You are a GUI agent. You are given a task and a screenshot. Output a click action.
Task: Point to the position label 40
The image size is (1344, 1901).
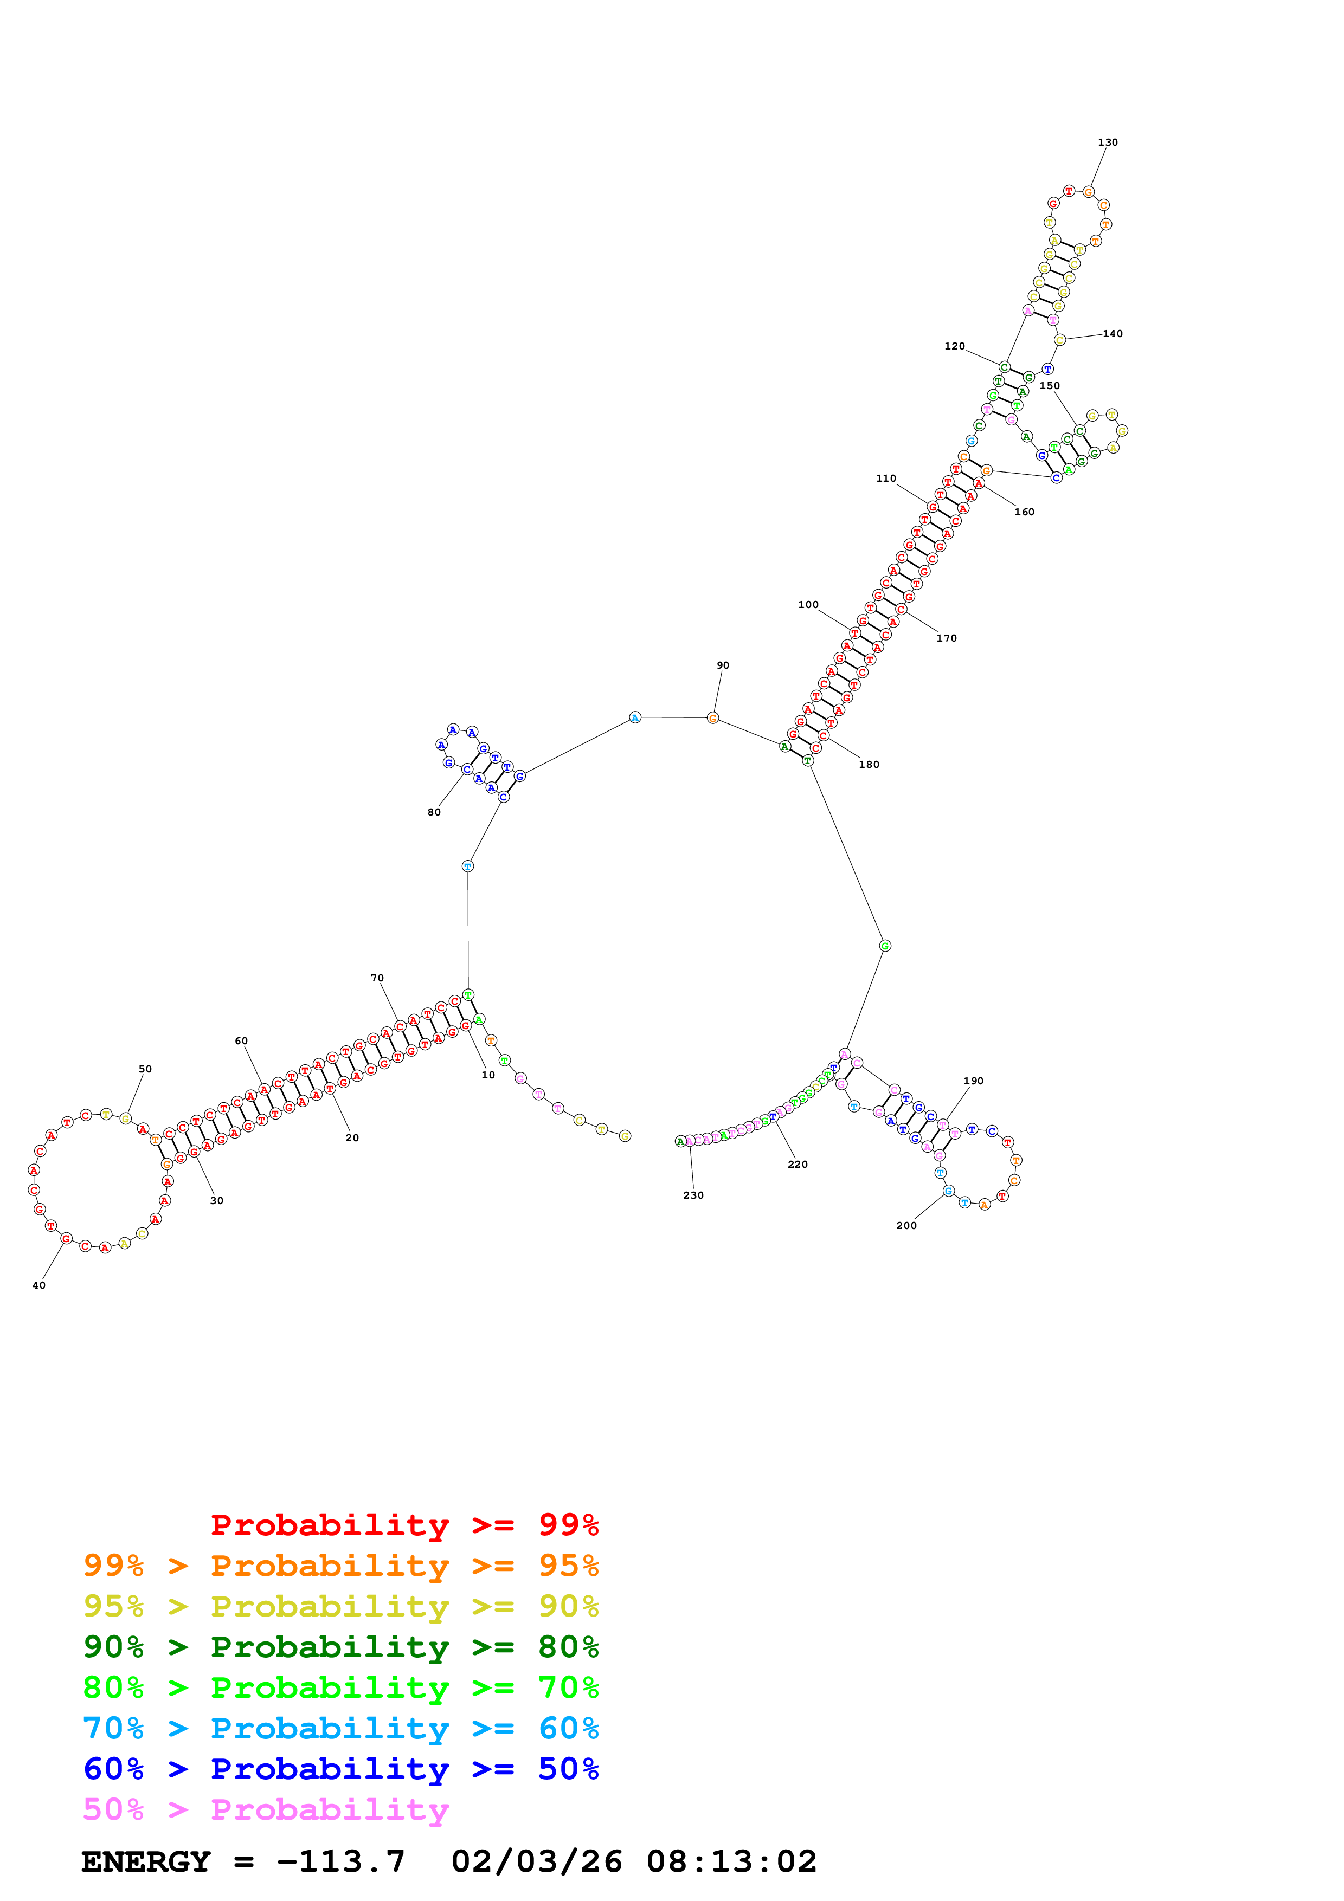[x=39, y=1285]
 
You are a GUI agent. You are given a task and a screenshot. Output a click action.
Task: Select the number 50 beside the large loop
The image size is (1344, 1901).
[x=145, y=1069]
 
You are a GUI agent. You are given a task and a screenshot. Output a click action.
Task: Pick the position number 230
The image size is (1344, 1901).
[x=693, y=1195]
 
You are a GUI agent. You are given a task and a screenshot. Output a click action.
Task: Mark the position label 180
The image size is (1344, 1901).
[x=869, y=764]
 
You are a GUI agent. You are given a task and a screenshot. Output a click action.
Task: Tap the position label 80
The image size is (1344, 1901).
[x=434, y=812]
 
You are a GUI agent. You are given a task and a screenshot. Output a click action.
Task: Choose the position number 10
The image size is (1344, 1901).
[x=488, y=1075]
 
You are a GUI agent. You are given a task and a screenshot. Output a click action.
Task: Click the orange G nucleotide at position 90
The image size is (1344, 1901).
[x=712, y=718]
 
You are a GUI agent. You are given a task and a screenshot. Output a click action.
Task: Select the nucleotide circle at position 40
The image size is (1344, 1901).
[x=66, y=1239]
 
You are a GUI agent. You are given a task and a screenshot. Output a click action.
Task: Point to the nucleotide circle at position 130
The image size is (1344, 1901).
[x=1088, y=192]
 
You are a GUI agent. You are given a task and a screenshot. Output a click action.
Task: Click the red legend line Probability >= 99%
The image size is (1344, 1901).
[x=404, y=1525]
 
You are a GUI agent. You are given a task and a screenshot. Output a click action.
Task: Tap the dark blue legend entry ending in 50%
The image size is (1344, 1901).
[x=340, y=1769]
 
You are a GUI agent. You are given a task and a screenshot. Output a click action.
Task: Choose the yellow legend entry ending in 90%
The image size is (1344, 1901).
[x=340, y=1606]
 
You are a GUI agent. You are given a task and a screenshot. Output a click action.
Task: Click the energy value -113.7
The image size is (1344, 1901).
[x=340, y=1861]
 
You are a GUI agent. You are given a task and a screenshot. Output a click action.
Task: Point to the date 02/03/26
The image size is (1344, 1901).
[x=537, y=1861]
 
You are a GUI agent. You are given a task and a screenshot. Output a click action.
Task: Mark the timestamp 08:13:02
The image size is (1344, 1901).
[x=731, y=1861]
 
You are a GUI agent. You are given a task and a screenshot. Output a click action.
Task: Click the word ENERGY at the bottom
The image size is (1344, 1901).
[x=146, y=1861]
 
